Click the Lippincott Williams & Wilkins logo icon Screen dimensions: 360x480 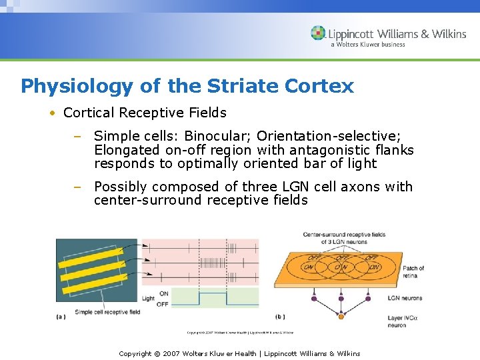coord(319,33)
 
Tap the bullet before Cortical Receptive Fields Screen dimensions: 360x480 coord(52,113)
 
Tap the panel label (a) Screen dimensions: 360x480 coord(61,317)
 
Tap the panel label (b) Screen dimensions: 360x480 coord(280,317)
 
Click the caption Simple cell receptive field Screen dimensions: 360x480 coord(107,311)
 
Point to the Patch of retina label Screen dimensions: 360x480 coord(413,272)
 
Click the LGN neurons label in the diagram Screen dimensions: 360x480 coord(405,298)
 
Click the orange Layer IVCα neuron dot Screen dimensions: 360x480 coord(341,317)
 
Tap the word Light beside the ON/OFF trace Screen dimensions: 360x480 coord(148,299)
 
